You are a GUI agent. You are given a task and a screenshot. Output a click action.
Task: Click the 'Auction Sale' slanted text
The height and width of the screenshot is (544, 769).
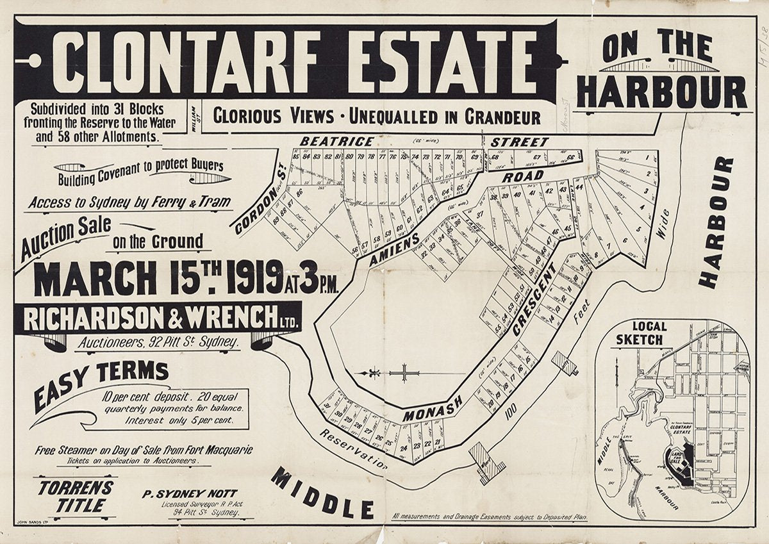(x=64, y=238)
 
